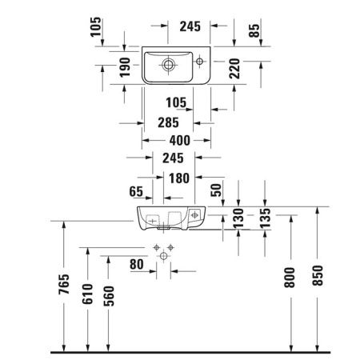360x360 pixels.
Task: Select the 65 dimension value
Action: (x=136, y=192)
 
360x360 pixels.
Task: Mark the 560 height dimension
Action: (x=109, y=296)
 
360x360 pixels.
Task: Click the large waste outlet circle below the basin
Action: (x=165, y=255)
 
